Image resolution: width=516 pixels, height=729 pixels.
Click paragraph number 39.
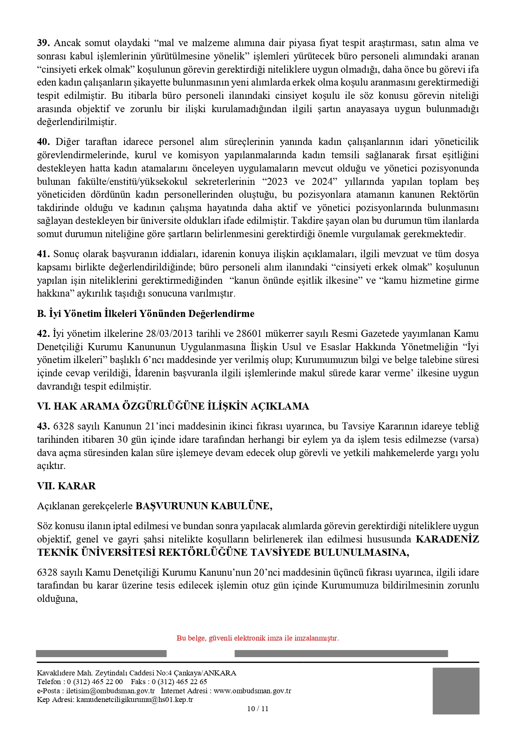pos(43,43)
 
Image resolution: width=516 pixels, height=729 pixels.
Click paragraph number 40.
pos(43,142)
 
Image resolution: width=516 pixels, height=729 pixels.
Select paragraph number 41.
pos(43,254)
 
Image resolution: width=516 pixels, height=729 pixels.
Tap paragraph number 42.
pos(43,334)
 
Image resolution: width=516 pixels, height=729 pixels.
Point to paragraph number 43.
pos(43,426)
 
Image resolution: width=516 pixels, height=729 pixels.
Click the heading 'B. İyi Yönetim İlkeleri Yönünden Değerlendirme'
pos(146,314)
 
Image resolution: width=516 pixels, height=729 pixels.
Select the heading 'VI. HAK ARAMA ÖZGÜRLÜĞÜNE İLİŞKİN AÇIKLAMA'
pos(173,406)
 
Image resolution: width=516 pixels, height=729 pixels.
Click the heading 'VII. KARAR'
pos(66,486)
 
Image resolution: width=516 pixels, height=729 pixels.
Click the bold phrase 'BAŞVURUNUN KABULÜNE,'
pos(204,506)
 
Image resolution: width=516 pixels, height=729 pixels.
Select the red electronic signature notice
pos(258,638)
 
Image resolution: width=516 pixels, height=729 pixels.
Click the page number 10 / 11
pos(258,709)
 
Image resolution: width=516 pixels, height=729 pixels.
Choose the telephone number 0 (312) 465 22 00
pos(95,682)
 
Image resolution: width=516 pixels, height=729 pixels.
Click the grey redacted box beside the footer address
pos(456,691)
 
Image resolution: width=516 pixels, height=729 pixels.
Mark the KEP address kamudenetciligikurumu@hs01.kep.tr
pos(135,700)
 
